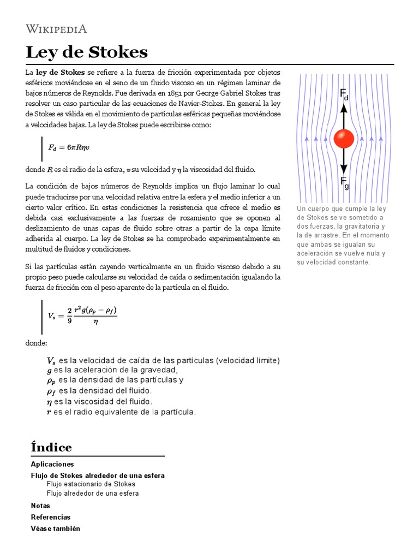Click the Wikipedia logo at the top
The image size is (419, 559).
point(56,29)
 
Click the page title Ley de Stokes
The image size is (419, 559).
point(87,52)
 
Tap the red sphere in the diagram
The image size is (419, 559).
point(344,139)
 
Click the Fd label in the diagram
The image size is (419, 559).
point(344,95)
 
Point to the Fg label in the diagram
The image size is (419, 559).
point(344,182)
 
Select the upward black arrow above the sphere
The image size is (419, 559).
point(344,115)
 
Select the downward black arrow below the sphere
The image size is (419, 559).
point(344,162)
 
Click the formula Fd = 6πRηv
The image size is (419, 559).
point(69,147)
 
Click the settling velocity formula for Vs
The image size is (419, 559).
point(82,315)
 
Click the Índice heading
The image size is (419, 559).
point(51,448)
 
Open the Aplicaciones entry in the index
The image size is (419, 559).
point(52,464)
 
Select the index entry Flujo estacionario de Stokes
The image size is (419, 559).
point(91,484)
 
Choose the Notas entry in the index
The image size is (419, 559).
point(40,506)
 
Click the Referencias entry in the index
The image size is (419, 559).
point(51,517)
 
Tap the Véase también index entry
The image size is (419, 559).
point(55,528)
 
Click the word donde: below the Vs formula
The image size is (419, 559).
point(37,343)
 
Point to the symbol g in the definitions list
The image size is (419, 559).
point(49,370)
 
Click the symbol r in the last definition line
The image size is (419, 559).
point(49,412)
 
